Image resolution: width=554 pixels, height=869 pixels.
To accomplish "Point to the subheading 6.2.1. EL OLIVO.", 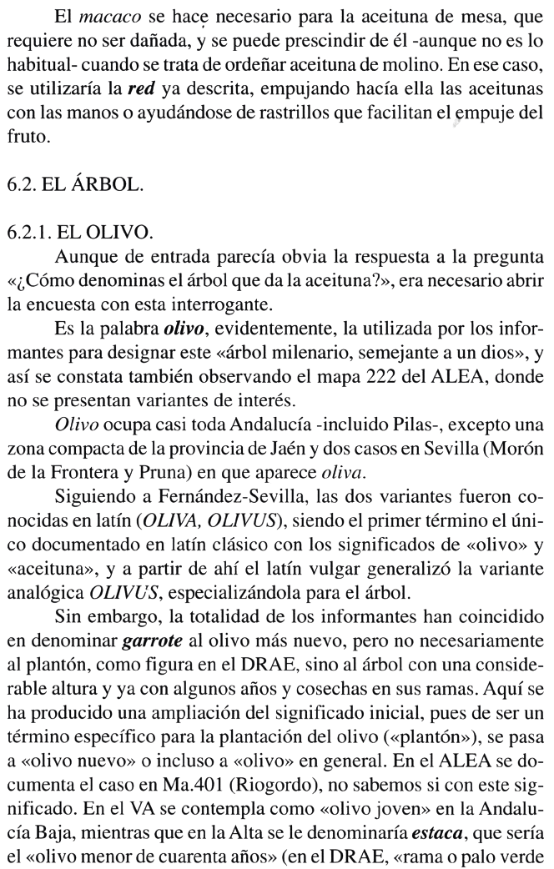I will pyautogui.click(x=91, y=228).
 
